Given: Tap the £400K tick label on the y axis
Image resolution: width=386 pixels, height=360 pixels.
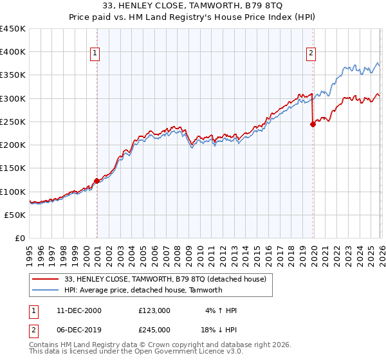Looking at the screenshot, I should pyautogui.click(x=13, y=52).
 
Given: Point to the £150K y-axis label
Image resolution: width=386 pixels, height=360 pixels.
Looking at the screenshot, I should pyautogui.click(x=13, y=168).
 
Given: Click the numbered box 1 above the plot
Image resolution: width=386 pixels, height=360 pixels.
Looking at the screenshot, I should pyautogui.click(x=95, y=54).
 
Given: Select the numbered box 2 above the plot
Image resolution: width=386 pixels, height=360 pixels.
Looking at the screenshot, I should pyautogui.click(x=311, y=54).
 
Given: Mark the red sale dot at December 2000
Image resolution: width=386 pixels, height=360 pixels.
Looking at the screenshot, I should pyautogui.click(x=96, y=181).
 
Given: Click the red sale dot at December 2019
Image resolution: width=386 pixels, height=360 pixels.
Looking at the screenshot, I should pyautogui.click(x=313, y=125).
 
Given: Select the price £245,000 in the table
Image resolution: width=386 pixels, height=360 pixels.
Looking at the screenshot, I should pyautogui.click(x=154, y=328).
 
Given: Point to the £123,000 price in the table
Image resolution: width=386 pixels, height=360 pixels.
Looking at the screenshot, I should pyautogui.click(x=154, y=310).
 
